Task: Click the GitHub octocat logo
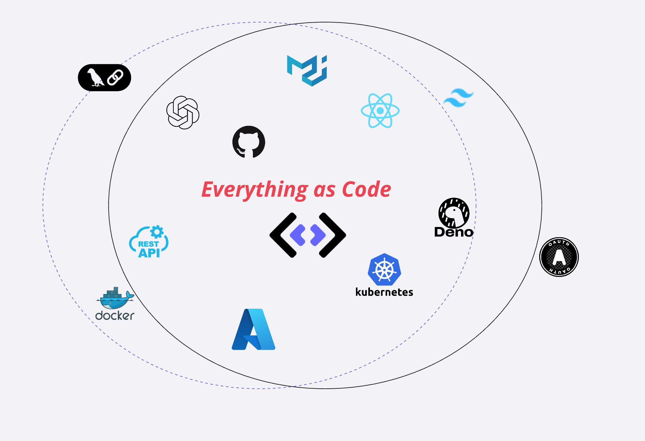click(x=249, y=142)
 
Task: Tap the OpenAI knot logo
click(x=183, y=112)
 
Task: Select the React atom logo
click(x=380, y=111)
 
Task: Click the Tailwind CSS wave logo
click(x=458, y=98)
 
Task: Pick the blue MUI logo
click(x=307, y=70)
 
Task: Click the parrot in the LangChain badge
click(x=95, y=78)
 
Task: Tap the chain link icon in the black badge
click(x=115, y=78)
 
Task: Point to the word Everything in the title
click(x=255, y=190)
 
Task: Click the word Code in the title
click(x=367, y=189)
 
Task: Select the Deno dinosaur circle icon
click(x=454, y=213)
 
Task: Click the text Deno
click(x=454, y=232)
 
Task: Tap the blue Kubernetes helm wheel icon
click(x=385, y=270)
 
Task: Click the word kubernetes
click(x=384, y=292)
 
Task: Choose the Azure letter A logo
click(x=254, y=329)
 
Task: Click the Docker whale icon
click(x=115, y=298)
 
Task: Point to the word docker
click(x=115, y=316)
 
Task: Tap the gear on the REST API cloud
click(x=157, y=232)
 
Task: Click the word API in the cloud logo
click(x=149, y=253)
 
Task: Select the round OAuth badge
click(x=559, y=257)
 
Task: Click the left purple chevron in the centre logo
click(x=298, y=235)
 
